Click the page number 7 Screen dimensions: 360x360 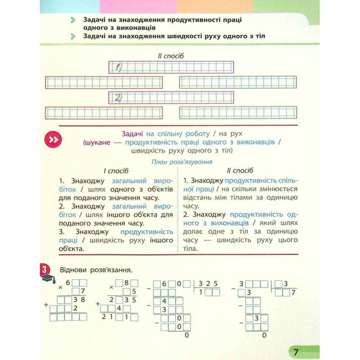click(296, 352)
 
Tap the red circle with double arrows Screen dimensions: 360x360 click(53, 140)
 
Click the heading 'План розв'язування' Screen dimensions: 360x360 click(181, 162)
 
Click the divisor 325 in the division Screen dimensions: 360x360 click(208, 283)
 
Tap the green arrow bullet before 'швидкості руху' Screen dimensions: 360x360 click(73, 36)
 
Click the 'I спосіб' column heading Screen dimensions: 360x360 click(116, 171)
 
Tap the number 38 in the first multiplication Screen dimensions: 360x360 click(80, 300)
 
